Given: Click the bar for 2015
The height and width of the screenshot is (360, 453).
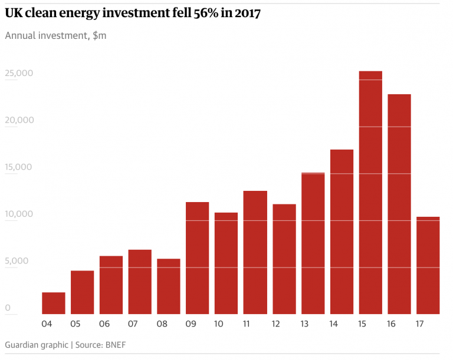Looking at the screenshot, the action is [x=370, y=193].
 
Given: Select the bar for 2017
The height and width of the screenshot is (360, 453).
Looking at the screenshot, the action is [x=428, y=265].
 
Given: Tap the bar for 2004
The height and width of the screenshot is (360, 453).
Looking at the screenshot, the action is [x=54, y=303].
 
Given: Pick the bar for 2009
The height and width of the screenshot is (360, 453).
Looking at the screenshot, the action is [x=198, y=258].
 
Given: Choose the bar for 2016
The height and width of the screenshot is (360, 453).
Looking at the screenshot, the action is [x=399, y=204].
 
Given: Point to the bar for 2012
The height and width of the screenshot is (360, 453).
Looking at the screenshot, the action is [x=284, y=259].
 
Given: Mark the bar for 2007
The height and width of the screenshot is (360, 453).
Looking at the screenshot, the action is [x=140, y=282].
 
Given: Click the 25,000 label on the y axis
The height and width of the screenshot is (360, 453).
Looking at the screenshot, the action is [x=19, y=73].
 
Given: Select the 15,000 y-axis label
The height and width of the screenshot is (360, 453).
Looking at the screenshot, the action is [x=18, y=167].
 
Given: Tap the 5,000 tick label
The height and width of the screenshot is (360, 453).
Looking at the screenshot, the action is [x=17, y=260].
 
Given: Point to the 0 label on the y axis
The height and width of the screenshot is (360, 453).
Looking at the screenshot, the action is [x=8, y=308].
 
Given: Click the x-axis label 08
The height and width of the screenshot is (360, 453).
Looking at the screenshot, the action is [x=162, y=324].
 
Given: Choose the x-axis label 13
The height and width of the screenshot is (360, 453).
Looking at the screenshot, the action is [x=304, y=324].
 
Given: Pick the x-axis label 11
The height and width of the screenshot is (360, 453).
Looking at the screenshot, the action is [x=246, y=324].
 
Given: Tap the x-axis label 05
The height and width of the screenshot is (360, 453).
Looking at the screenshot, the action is [x=75, y=324].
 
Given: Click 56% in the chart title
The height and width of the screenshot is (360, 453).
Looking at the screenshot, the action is [x=206, y=13].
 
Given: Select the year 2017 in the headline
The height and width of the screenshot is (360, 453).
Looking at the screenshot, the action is [x=248, y=14].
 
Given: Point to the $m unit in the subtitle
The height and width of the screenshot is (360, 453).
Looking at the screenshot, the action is [x=99, y=35].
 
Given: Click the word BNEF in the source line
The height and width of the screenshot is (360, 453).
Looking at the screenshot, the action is [x=116, y=345].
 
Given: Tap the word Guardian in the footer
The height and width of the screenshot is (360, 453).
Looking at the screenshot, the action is [x=22, y=345].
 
